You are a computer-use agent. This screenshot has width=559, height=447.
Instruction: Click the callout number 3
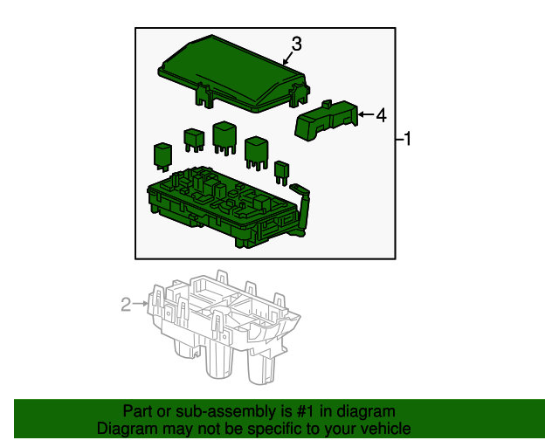pyautogui.click(x=296, y=43)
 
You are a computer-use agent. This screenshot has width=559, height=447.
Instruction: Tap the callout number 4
pyautogui.click(x=381, y=114)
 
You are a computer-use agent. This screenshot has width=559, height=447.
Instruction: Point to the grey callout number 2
pyautogui.click(x=126, y=304)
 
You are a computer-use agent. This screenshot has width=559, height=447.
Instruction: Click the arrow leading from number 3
pyautogui.click(x=287, y=58)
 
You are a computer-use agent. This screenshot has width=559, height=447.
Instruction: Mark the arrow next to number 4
pyautogui.click(x=366, y=114)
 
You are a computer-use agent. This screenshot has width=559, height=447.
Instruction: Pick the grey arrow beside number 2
pyautogui.click(x=140, y=304)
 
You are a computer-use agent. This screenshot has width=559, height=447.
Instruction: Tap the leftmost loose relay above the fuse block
pyautogui.click(x=162, y=154)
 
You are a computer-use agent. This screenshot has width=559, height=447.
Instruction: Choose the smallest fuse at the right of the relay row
pyautogui.click(x=281, y=169)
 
